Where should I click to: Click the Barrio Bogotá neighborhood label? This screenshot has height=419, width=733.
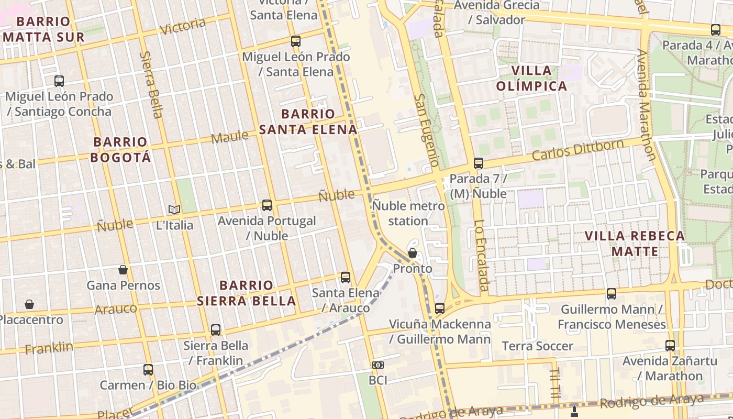(120, 149)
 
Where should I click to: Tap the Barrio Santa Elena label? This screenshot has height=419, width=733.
(308, 122)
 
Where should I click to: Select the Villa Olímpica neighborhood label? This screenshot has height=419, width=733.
(531, 78)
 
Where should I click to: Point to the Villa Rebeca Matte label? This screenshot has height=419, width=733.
(635, 244)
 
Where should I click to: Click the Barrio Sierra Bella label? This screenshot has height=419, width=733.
(246, 293)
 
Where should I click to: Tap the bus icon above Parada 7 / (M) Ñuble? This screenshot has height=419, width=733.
(479, 163)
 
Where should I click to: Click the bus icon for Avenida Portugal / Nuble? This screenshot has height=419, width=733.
(267, 205)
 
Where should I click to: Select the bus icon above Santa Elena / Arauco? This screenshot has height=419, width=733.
(346, 278)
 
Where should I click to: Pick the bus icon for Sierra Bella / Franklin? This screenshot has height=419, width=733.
(216, 330)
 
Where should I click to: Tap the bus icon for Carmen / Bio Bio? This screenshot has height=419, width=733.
(148, 370)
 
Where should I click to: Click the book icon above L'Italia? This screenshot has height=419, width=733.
(174, 210)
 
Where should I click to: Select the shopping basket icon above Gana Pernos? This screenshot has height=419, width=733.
(123, 270)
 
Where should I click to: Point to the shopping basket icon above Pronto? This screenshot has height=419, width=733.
(413, 253)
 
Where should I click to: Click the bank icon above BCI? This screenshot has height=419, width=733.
(377, 365)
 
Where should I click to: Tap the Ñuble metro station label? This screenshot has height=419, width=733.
(408, 213)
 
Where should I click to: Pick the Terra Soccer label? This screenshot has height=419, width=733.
(537, 346)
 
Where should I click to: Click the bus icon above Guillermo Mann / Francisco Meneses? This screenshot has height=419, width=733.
(611, 294)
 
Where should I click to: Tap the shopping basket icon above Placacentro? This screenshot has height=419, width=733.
(30, 304)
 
